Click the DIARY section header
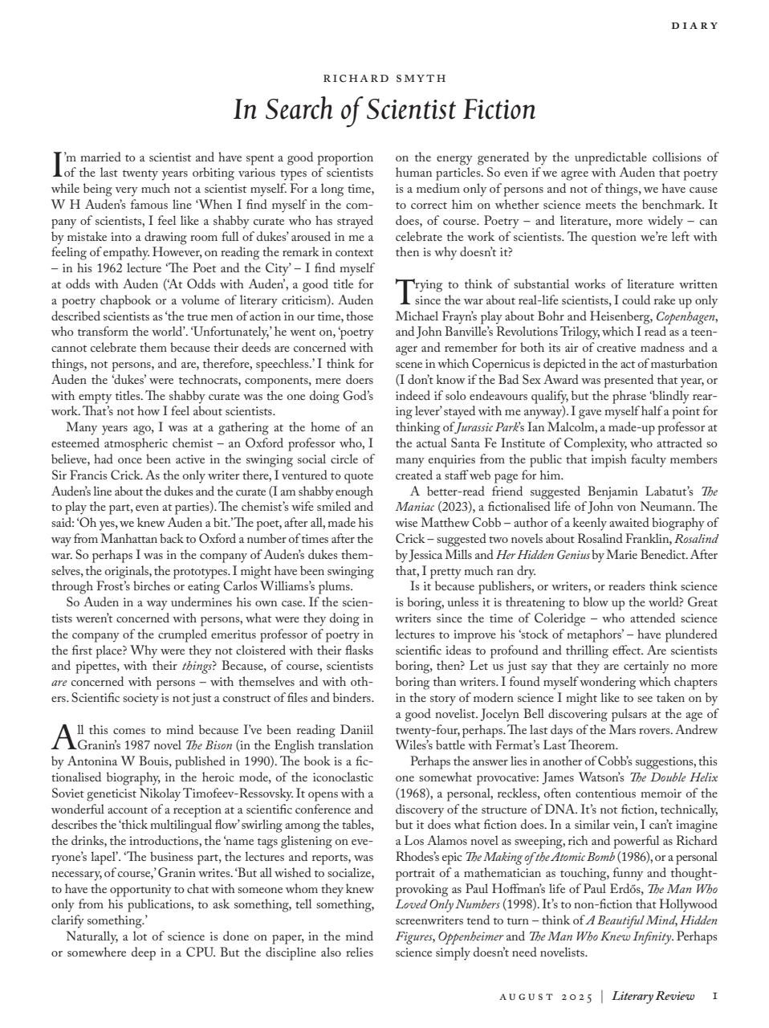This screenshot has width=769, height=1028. pyautogui.click(x=694, y=26)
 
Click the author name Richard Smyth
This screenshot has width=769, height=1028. pyautogui.click(x=384, y=79)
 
